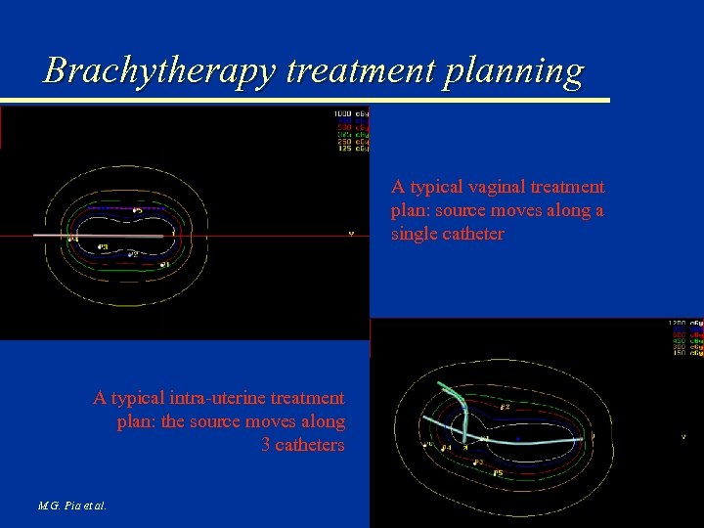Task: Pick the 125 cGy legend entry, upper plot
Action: [x=351, y=149]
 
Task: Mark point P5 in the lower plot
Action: [x=498, y=474]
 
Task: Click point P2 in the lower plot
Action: [x=505, y=406]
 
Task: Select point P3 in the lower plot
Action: [x=478, y=462]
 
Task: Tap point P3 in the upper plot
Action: [x=104, y=247]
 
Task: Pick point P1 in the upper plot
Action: [x=164, y=264]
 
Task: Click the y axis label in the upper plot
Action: [x=350, y=233]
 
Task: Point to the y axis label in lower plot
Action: [x=682, y=436]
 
